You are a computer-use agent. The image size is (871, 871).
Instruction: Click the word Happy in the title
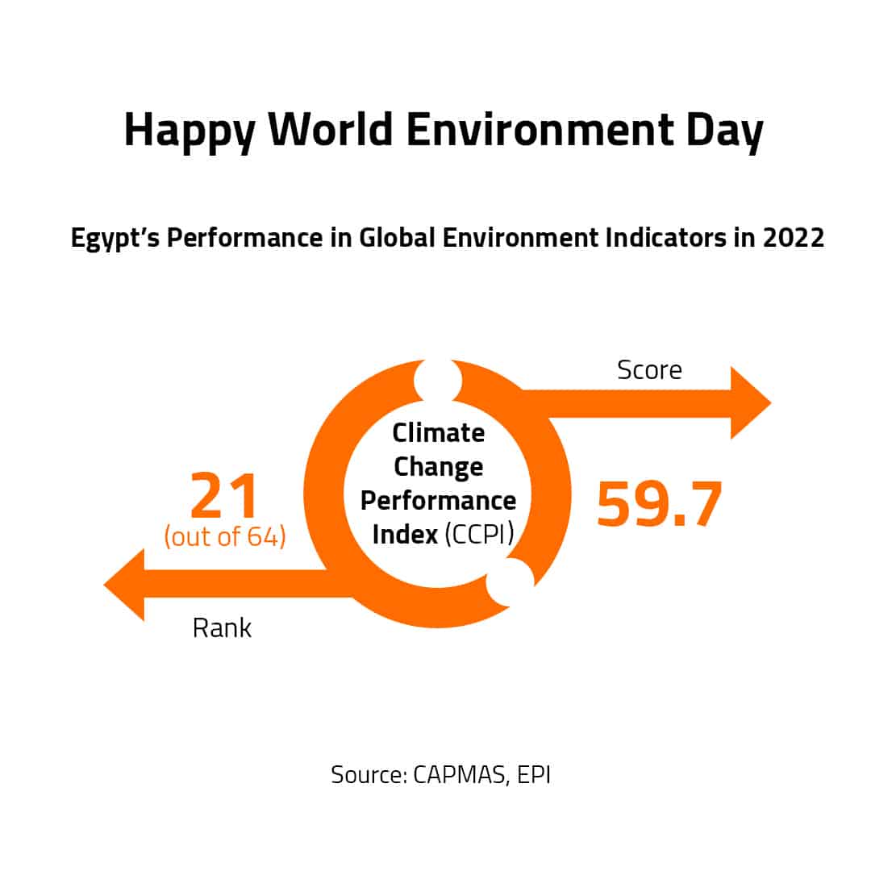(x=190, y=132)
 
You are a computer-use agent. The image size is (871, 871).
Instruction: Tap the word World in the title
(x=331, y=129)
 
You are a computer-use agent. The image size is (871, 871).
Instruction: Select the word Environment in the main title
(x=540, y=129)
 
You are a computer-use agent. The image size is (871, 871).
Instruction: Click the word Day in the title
(x=725, y=132)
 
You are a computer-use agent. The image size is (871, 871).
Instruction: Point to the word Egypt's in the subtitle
(x=115, y=239)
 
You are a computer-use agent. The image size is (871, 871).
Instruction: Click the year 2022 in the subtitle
(x=794, y=238)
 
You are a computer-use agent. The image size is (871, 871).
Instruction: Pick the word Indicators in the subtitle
(x=665, y=238)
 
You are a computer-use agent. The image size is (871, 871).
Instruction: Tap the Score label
(x=649, y=370)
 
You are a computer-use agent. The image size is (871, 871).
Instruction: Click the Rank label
(x=222, y=628)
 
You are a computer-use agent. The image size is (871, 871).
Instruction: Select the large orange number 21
(x=224, y=494)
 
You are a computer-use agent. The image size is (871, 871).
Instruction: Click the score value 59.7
(x=660, y=504)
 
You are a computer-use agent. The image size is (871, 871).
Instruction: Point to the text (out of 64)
(x=225, y=536)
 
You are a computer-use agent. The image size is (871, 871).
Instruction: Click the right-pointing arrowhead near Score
(x=750, y=402)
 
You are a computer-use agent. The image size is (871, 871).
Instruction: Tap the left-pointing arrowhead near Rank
(x=124, y=585)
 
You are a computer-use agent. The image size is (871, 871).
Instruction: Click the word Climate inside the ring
(x=438, y=433)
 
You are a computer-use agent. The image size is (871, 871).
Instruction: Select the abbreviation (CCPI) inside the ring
(x=479, y=535)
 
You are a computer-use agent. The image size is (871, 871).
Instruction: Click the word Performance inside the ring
(x=438, y=501)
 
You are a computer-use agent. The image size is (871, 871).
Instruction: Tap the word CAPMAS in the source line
(x=460, y=774)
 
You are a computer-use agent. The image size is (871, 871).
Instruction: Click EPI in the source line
(x=534, y=774)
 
